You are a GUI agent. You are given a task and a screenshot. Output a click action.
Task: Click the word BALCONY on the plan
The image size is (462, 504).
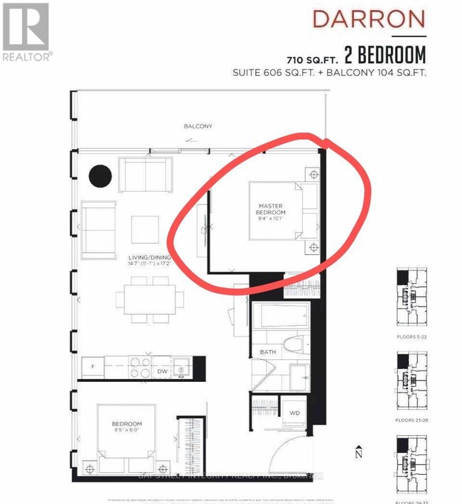(x=198, y=126)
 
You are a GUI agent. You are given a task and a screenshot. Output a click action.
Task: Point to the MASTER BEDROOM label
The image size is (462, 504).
(x=272, y=209)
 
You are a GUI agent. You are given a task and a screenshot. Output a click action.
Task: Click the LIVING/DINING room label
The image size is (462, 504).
(x=133, y=261)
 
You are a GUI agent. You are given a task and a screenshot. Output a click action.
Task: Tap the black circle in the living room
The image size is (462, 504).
(x=100, y=175)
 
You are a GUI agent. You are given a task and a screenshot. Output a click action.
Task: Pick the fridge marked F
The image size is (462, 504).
(x=93, y=367)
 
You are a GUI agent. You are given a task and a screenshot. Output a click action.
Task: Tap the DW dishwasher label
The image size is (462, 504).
(x=162, y=371)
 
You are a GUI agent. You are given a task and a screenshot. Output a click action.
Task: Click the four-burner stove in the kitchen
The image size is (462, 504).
(x=139, y=367)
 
